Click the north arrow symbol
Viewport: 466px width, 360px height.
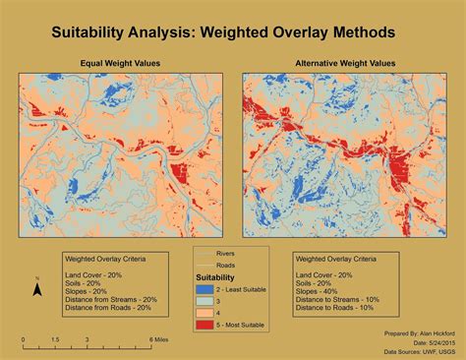36,289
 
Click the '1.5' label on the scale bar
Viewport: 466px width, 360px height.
55,339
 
